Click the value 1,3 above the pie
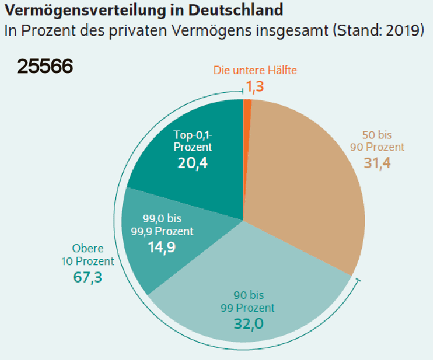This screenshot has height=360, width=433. (255, 87)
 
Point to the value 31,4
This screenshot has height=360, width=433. (377, 163)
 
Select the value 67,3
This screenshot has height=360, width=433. (88, 276)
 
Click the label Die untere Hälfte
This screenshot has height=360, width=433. (255, 70)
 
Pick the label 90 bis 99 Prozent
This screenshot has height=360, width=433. (247, 301)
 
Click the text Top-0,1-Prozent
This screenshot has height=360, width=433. (193, 141)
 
